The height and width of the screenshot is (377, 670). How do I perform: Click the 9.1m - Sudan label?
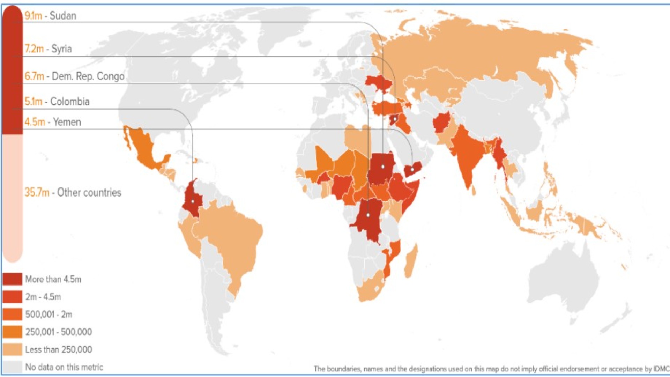coord(50,16)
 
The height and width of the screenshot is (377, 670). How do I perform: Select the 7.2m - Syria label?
coord(48,49)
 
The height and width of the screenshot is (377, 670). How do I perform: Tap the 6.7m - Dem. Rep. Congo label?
coord(74,76)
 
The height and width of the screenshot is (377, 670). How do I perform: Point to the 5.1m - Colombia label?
coord(57,102)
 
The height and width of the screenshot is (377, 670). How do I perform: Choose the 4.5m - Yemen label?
coord(53,122)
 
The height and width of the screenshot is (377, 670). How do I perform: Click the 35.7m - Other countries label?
coord(73,192)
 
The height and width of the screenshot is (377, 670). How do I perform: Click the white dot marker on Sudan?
coord(383,167)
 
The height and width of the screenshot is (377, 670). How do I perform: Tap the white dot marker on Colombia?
coord(193,201)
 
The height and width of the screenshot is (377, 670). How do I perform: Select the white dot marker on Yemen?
coord(412,170)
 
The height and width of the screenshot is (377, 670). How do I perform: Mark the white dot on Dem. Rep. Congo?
coord(368,215)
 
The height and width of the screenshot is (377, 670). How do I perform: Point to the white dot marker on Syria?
coord(395,119)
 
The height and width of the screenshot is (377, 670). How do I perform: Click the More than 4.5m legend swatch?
coord(13,279)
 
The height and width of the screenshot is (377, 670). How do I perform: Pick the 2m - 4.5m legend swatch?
coord(13,297)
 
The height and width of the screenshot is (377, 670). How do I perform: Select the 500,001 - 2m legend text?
coord(49,315)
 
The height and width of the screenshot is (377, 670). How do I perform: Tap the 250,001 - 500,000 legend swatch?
coord(13,332)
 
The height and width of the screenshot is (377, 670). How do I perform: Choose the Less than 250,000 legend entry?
coord(58,349)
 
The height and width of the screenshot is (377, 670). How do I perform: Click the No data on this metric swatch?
coord(13,367)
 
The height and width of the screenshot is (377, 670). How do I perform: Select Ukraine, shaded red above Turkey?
coord(379,83)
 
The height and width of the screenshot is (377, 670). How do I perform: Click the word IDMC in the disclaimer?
coord(661,369)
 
